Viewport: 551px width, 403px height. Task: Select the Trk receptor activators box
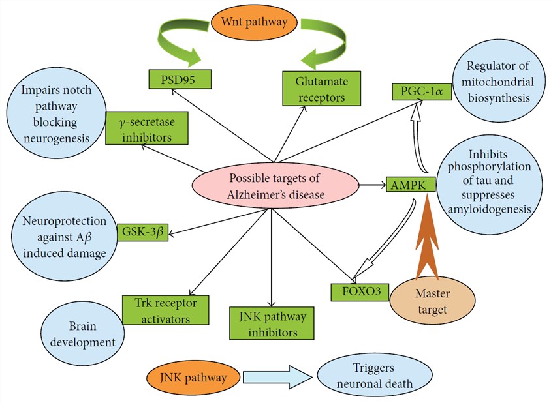(165, 310)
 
